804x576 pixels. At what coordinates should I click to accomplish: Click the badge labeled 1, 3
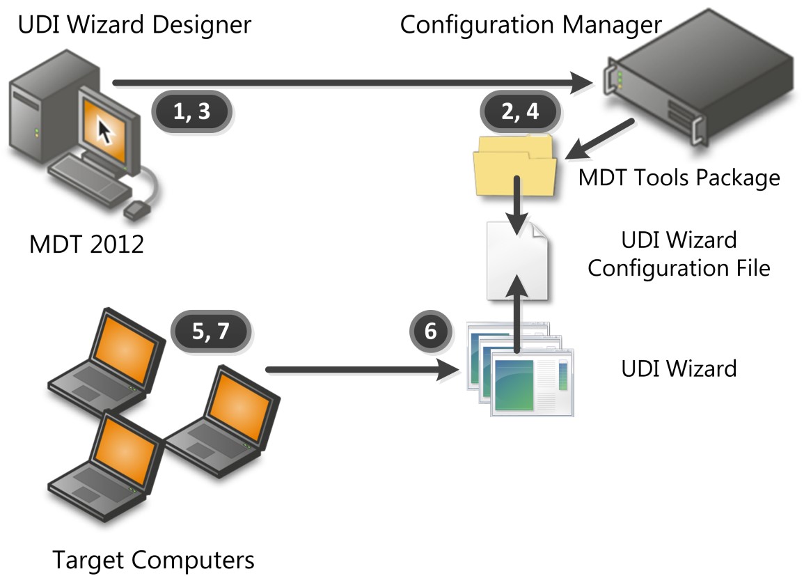tap(191, 112)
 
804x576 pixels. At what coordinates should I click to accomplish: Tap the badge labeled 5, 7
tap(210, 333)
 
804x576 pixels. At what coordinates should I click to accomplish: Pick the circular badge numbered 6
tap(430, 332)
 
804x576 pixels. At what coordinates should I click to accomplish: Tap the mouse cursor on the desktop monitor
tap(104, 129)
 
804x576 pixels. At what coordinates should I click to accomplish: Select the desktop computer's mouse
tap(135, 208)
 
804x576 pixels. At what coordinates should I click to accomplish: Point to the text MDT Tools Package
tap(679, 178)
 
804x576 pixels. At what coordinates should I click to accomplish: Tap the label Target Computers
tap(153, 559)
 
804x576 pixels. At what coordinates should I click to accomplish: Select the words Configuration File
tap(679, 268)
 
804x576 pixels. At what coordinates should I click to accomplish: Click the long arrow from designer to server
tap(348, 84)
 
